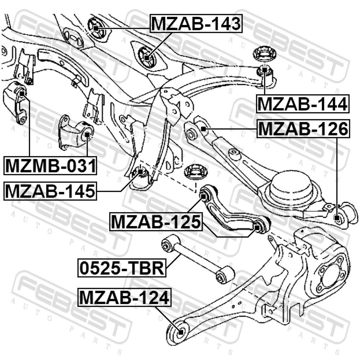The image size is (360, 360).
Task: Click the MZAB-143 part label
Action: click(196, 24)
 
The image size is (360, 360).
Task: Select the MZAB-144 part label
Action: click(303, 104)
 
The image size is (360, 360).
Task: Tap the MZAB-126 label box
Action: click(303, 129)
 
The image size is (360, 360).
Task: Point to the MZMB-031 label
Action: click(50, 166)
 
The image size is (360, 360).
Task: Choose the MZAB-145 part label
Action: click(50, 191)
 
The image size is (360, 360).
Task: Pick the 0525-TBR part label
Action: click(122, 268)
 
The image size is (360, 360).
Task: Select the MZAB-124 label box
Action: click(125, 297)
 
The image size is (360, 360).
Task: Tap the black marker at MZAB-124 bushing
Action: click(181, 332)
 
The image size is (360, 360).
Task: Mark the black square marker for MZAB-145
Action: click(140, 171)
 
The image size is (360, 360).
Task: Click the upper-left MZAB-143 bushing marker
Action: click(96, 28)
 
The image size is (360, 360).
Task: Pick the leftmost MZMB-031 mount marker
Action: click(22, 93)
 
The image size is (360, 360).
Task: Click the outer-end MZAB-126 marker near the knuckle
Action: click(337, 218)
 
